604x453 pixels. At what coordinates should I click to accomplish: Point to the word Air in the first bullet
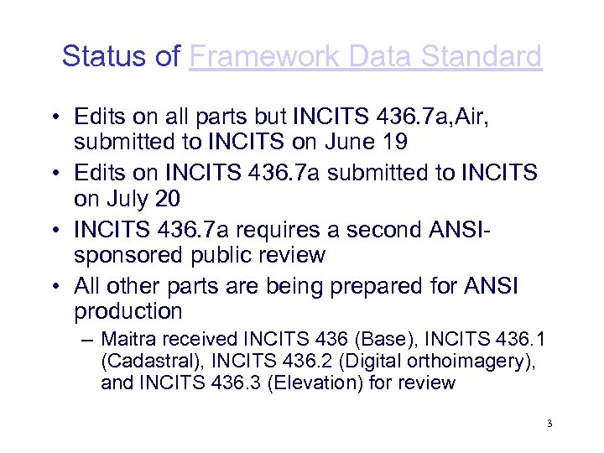point(471,116)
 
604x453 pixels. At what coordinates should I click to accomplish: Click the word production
point(128,311)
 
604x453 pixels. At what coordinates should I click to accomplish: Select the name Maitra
point(127,340)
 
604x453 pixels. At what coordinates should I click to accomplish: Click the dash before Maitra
point(89,340)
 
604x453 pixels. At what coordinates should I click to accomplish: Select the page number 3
point(549,424)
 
